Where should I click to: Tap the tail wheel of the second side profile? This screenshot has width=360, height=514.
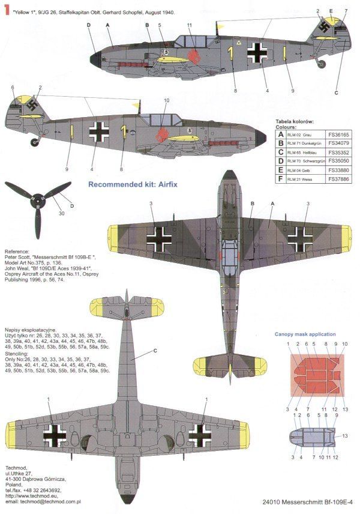34,142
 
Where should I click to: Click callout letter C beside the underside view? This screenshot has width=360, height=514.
155,351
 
